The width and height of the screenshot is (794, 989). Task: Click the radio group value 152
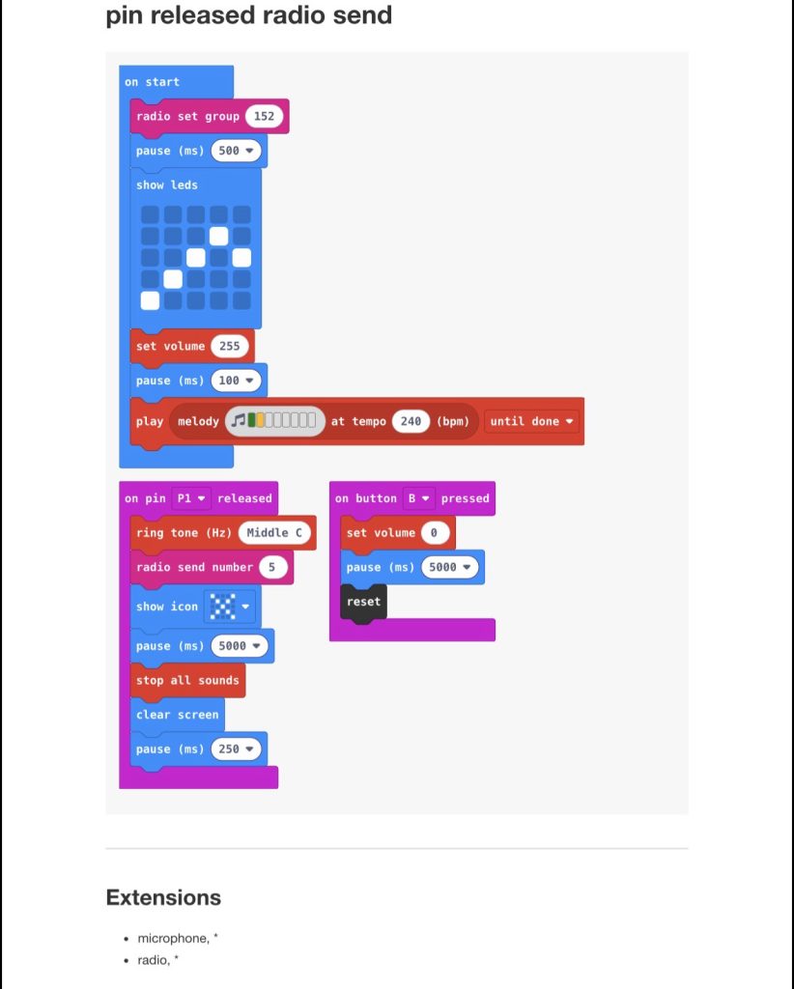(264, 116)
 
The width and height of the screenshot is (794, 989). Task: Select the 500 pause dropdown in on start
(235, 151)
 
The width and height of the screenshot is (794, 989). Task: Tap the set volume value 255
(229, 346)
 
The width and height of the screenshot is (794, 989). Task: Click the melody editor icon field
(275, 421)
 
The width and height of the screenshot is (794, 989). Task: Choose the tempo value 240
(411, 421)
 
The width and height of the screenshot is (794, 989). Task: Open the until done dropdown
(532, 421)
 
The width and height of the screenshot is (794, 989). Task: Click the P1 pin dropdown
(190, 498)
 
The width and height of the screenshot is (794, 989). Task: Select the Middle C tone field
(274, 533)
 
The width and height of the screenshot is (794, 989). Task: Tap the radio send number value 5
(272, 567)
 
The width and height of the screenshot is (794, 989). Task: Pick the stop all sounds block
(187, 680)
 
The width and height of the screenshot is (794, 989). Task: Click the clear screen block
(178, 715)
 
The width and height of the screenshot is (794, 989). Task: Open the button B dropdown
(418, 498)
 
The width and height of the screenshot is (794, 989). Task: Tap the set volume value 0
(435, 533)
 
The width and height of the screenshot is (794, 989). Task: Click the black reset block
(363, 602)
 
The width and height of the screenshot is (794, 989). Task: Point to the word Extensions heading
(163, 897)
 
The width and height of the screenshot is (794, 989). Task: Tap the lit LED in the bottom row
(150, 300)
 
